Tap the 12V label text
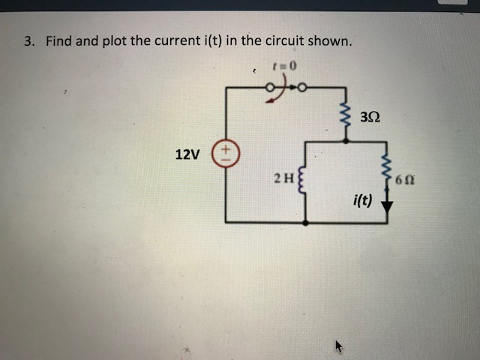point(187,155)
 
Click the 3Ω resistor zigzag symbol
point(346,117)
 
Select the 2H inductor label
point(283,178)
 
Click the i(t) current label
point(361,200)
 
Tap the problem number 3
point(28,41)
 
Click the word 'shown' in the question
point(328,41)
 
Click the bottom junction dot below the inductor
point(305,222)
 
